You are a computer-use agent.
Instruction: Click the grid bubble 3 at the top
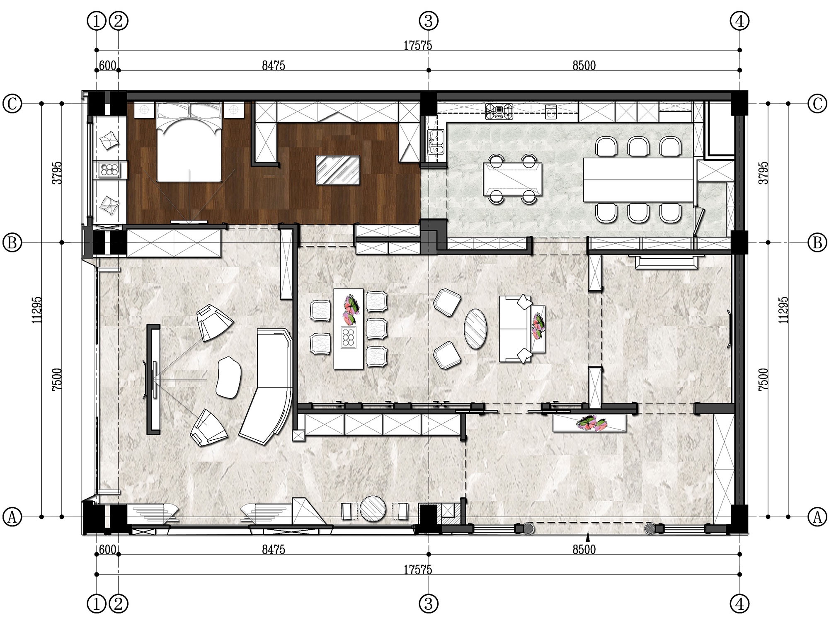(429, 20)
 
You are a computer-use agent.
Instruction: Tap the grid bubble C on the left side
(12, 104)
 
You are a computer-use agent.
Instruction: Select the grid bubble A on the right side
(817, 517)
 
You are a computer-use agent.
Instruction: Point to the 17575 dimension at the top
(418, 45)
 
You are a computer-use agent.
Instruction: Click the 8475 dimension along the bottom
(274, 550)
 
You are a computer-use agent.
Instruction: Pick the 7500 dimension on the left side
(57, 379)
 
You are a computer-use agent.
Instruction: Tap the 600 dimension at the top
(108, 65)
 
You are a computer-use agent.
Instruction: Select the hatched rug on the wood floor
(337, 170)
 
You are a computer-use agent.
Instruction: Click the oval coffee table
(475, 329)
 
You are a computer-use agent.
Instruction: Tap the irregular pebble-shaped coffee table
(228, 377)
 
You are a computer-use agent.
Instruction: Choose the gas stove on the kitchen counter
(499, 111)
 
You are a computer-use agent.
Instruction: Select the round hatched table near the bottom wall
(373, 508)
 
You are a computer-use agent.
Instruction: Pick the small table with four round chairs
(513, 179)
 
